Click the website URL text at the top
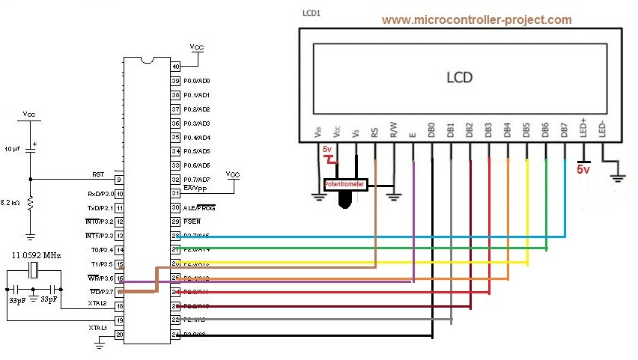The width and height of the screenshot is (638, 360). coord(476,20)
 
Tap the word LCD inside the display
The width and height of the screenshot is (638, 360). coord(460,77)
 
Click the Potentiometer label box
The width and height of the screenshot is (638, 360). coord(344,183)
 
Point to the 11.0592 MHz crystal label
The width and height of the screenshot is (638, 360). coord(37,256)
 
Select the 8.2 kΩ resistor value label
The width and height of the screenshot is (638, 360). coord(11,203)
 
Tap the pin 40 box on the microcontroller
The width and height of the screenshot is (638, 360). coord(176,67)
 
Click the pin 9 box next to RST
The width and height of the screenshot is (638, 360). coord(118,180)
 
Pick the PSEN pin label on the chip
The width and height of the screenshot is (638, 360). coord(192,222)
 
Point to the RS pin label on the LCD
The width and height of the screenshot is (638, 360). coord(374,131)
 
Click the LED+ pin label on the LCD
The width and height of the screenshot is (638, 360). coord(584,129)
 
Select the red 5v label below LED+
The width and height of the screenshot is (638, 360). coord(584,170)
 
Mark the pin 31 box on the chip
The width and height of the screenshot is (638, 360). coord(176,194)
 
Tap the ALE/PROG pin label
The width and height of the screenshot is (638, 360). coord(198,208)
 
